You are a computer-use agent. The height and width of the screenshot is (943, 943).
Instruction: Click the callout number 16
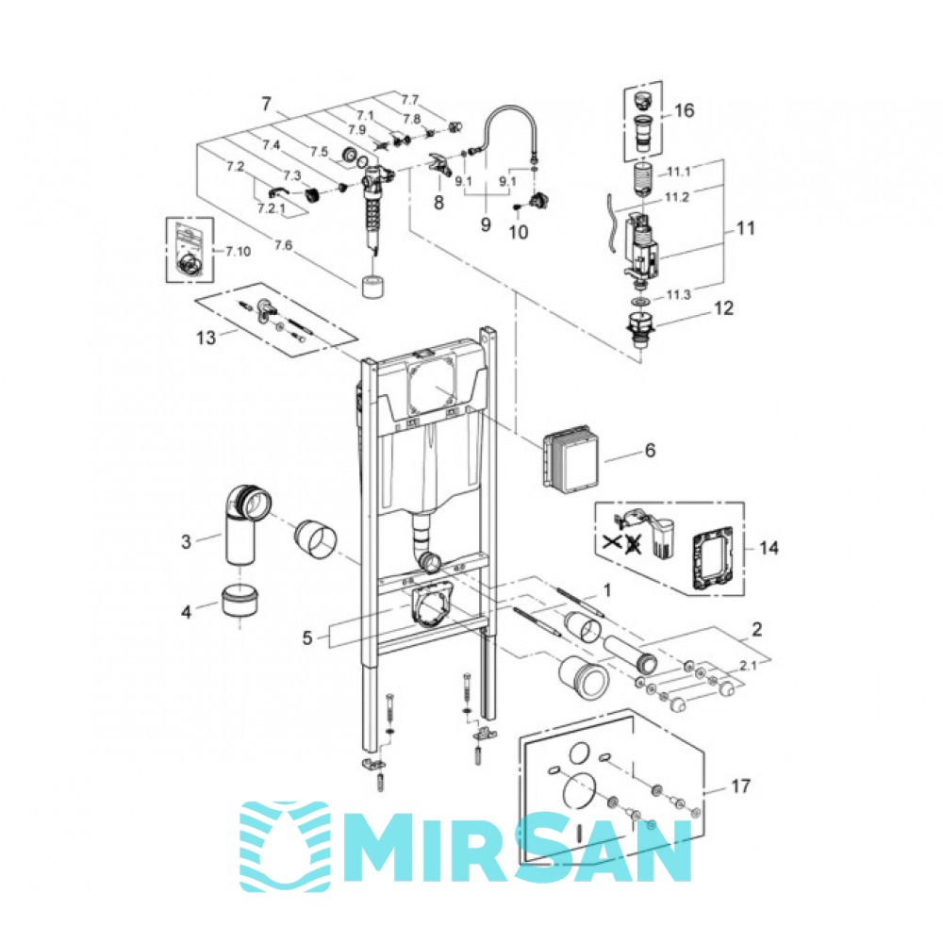coord(684,110)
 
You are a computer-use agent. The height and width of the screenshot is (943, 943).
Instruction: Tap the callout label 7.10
coord(239,252)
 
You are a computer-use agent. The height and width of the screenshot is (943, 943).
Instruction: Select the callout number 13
coord(206,338)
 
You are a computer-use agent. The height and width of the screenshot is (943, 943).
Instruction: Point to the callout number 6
coord(650,451)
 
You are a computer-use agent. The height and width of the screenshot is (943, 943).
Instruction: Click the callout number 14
coord(769,548)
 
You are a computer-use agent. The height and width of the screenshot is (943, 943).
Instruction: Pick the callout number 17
coord(741,786)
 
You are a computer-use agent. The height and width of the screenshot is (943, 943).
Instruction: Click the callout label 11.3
coord(678,294)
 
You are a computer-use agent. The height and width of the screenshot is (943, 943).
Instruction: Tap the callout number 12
coord(723,308)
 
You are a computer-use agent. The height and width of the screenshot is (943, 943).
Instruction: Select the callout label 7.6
coord(283,245)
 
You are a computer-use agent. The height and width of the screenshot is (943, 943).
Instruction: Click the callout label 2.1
coord(749,665)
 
